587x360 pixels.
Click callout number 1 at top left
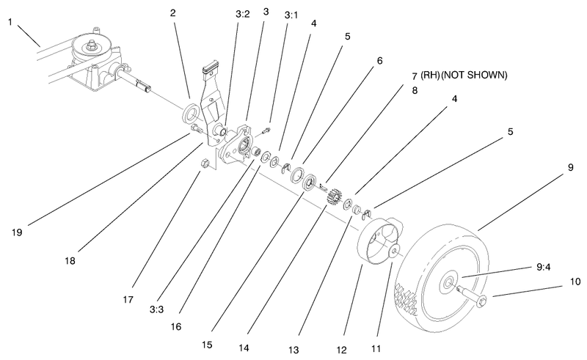(10, 22)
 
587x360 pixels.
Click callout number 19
(17, 232)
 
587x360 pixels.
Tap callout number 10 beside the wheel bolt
(575, 281)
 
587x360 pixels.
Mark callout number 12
(361, 334)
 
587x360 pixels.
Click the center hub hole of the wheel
(447, 280)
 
